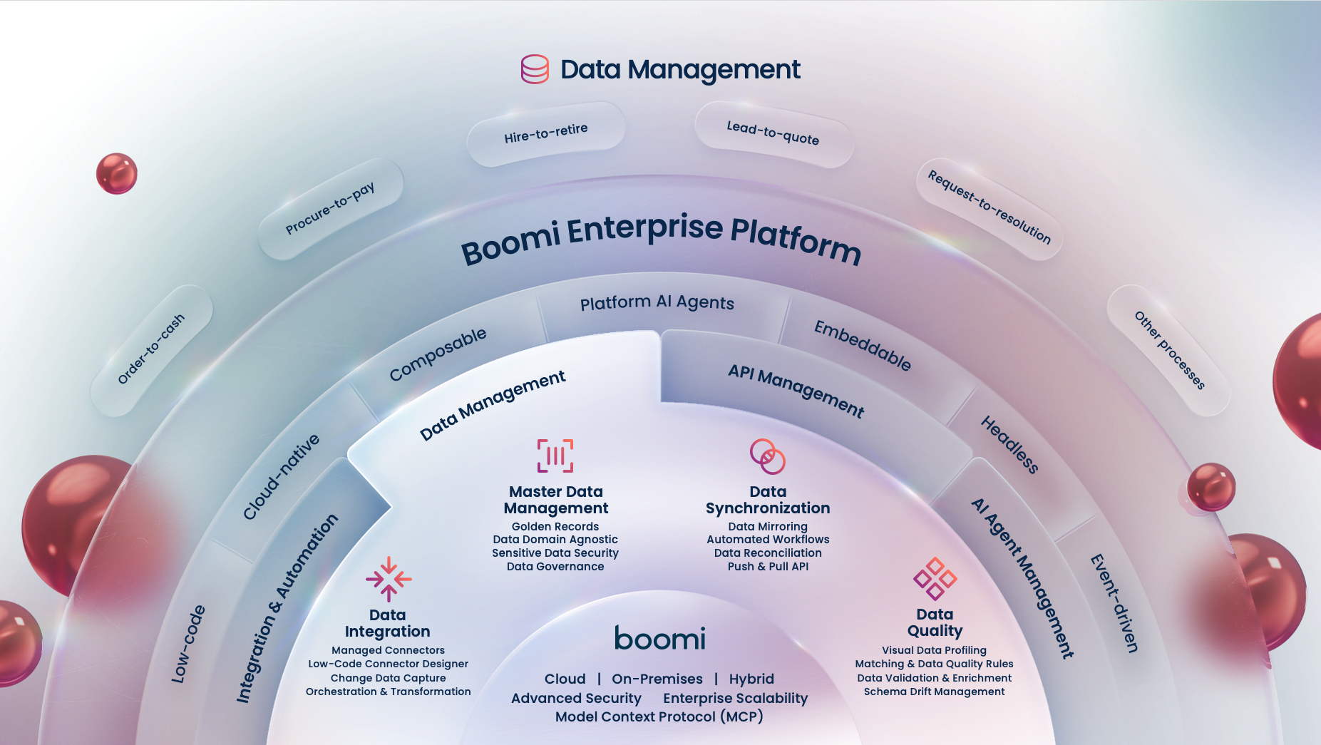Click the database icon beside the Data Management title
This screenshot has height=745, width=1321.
(x=535, y=69)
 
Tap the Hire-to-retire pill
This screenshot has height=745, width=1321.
(x=546, y=133)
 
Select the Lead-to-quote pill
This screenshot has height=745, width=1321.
(x=773, y=133)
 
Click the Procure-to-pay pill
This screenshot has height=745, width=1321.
(x=330, y=208)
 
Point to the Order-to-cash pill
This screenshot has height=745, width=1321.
(x=151, y=349)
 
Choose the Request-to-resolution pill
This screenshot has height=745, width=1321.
(x=990, y=207)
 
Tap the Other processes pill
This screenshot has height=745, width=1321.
(x=1169, y=350)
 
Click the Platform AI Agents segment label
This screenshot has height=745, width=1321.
(x=657, y=303)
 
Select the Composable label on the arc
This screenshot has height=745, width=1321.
(x=438, y=354)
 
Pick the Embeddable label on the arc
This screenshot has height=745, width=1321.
(x=863, y=346)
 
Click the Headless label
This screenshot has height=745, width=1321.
(x=1009, y=445)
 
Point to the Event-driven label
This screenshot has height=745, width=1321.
(x=1114, y=603)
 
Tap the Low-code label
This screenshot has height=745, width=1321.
(x=188, y=644)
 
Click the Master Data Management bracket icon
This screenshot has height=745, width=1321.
(x=555, y=456)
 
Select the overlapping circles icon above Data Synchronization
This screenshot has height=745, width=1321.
(x=768, y=456)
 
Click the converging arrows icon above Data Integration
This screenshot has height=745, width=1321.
(x=389, y=579)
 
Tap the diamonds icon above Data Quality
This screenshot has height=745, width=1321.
(x=935, y=578)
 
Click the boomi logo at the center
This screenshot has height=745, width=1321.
(x=660, y=639)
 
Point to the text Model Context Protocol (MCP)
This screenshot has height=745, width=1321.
(x=659, y=716)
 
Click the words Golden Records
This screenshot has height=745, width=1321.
(x=555, y=527)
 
